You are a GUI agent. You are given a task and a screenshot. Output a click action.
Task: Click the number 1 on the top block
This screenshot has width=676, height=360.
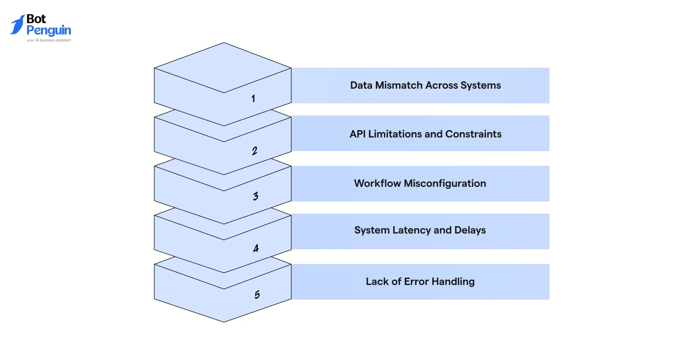point(253,98)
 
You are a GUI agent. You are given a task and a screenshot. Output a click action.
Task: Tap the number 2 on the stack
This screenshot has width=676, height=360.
point(255,151)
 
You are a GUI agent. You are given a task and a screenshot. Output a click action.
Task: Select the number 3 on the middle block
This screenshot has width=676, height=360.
point(256,196)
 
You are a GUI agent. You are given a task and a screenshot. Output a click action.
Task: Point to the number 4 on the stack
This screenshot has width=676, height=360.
point(256,248)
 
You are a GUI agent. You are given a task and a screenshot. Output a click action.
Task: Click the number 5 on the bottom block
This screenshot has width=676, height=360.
point(257,294)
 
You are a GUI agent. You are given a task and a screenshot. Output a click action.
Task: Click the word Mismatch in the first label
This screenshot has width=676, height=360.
point(399,85)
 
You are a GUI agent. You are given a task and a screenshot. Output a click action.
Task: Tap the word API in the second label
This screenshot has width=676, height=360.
point(357,134)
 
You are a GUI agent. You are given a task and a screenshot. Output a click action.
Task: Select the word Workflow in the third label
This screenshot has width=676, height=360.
point(377,183)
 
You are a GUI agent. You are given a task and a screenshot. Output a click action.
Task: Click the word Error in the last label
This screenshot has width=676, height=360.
point(416,281)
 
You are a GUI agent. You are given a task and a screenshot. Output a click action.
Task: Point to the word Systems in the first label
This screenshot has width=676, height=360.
point(480,86)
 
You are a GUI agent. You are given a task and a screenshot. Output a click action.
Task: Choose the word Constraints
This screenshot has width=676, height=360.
point(473,134)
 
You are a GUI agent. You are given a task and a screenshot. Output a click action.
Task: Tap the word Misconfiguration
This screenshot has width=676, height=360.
point(445,184)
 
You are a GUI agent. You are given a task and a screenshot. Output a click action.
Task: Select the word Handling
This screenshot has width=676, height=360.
point(453,282)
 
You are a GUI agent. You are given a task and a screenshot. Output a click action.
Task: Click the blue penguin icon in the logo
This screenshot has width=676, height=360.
point(18,25)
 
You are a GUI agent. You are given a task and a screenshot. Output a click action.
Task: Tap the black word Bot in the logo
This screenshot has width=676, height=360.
point(36,19)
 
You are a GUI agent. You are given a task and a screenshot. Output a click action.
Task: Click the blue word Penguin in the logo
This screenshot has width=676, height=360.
point(49,30)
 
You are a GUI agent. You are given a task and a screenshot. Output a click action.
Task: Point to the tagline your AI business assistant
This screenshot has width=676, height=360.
point(49,40)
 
